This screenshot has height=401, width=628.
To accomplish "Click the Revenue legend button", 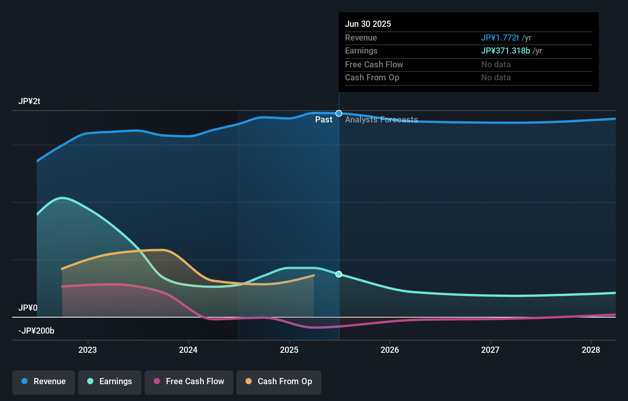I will click(44, 381).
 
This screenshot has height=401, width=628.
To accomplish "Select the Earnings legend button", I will click(110, 381).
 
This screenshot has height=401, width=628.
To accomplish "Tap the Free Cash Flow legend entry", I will click(189, 381).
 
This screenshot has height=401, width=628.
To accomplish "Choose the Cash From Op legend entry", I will click(279, 381).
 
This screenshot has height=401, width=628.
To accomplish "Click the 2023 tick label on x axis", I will click(88, 350).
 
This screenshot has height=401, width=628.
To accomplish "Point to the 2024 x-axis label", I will click(188, 350).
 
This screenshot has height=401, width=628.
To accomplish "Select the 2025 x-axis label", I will click(289, 350).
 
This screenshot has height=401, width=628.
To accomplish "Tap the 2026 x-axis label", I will click(390, 350).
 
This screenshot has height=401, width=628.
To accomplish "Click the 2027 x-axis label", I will click(490, 350).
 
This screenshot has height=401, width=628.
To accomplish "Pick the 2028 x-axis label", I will click(591, 350).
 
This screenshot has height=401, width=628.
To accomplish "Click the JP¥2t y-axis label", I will click(29, 101).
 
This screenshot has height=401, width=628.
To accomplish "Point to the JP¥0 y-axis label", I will click(28, 308).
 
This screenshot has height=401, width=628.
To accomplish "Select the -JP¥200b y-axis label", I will click(36, 331).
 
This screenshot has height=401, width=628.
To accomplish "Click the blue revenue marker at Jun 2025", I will click(339, 113).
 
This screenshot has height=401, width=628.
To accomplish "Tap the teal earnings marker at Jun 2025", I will click(339, 274).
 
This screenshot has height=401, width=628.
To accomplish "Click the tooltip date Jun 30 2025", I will click(368, 24).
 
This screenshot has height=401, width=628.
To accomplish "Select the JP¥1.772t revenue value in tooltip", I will click(500, 37).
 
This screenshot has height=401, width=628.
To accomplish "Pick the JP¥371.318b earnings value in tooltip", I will click(505, 51).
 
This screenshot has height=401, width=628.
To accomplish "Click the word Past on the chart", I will click(324, 120).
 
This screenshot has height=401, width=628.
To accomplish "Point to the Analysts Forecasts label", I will click(381, 120).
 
